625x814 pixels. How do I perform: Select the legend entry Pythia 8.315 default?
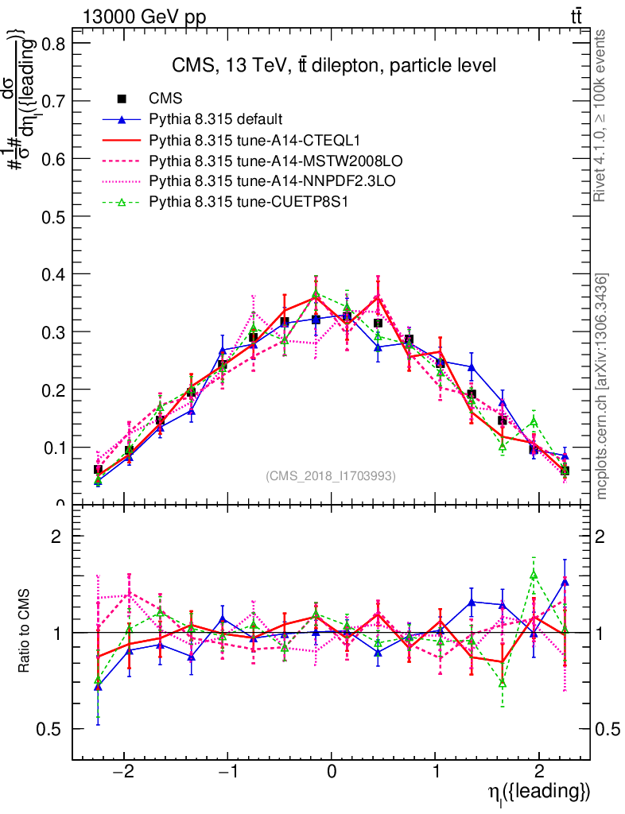pos(215,119)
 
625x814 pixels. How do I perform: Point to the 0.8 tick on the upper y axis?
pos(55,45)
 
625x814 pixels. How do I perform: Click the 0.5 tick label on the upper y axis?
pos(55,217)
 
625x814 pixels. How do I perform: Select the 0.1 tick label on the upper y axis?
pos(55,448)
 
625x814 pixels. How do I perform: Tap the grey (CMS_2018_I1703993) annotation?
pos(331,476)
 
